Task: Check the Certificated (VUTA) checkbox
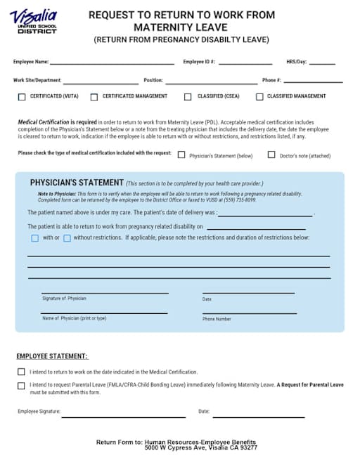point(22,97)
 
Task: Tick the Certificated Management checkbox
point(95,97)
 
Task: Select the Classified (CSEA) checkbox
point(188,97)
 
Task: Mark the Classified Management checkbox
point(259,97)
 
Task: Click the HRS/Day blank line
point(322,63)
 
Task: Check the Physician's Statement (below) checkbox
point(181,155)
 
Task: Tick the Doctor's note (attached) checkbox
point(271,155)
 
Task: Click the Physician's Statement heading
point(77,182)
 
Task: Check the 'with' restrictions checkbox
point(34,238)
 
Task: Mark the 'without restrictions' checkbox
point(67,238)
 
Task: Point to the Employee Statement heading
point(52,357)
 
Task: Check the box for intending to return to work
point(21,372)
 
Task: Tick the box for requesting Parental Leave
point(21,386)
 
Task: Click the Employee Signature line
point(122,416)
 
